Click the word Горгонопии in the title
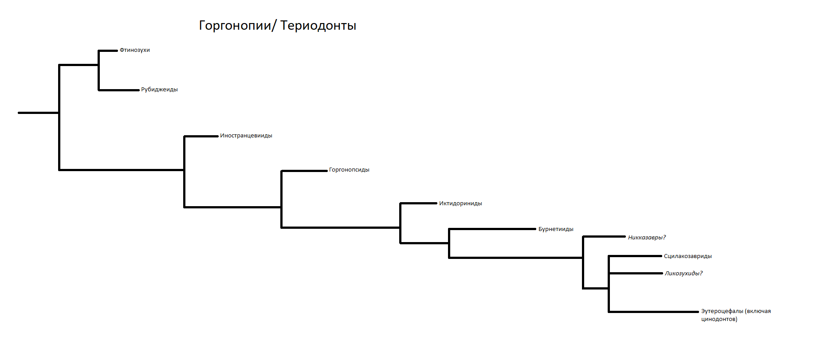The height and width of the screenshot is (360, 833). click(x=235, y=26)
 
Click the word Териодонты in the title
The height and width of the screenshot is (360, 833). click(x=318, y=26)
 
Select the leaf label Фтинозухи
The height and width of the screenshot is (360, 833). click(x=135, y=50)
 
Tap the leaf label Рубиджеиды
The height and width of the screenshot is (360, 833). click(x=159, y=90)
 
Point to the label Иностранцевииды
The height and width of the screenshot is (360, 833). click(x=246, y=136)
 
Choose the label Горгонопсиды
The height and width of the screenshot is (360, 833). click(x=349, y=170)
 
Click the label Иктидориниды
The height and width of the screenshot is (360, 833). click(x=460, y=203)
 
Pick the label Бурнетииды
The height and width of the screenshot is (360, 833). click(x=556, y=229)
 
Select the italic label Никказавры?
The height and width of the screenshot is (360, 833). click(x=647, y=238)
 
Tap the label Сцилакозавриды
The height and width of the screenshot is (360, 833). click(x=688, y=256)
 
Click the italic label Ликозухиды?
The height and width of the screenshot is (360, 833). click(x=684, y=274)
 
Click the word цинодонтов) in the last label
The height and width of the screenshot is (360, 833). click(x=719, y=319)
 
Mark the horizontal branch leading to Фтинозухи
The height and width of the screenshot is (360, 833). click(x=108, y=51)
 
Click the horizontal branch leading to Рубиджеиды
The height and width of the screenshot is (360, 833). click(x=119, y=90)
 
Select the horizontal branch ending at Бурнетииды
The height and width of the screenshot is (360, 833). click(x=492, y=229)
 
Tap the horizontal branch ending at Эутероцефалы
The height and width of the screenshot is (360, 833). click(x=653, y=312)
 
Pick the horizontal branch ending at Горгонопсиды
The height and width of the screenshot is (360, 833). click(x=304, y=171)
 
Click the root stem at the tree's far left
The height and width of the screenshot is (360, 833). click(x=39, y=113)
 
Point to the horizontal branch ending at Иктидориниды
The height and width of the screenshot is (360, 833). click(x=418, y=203)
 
